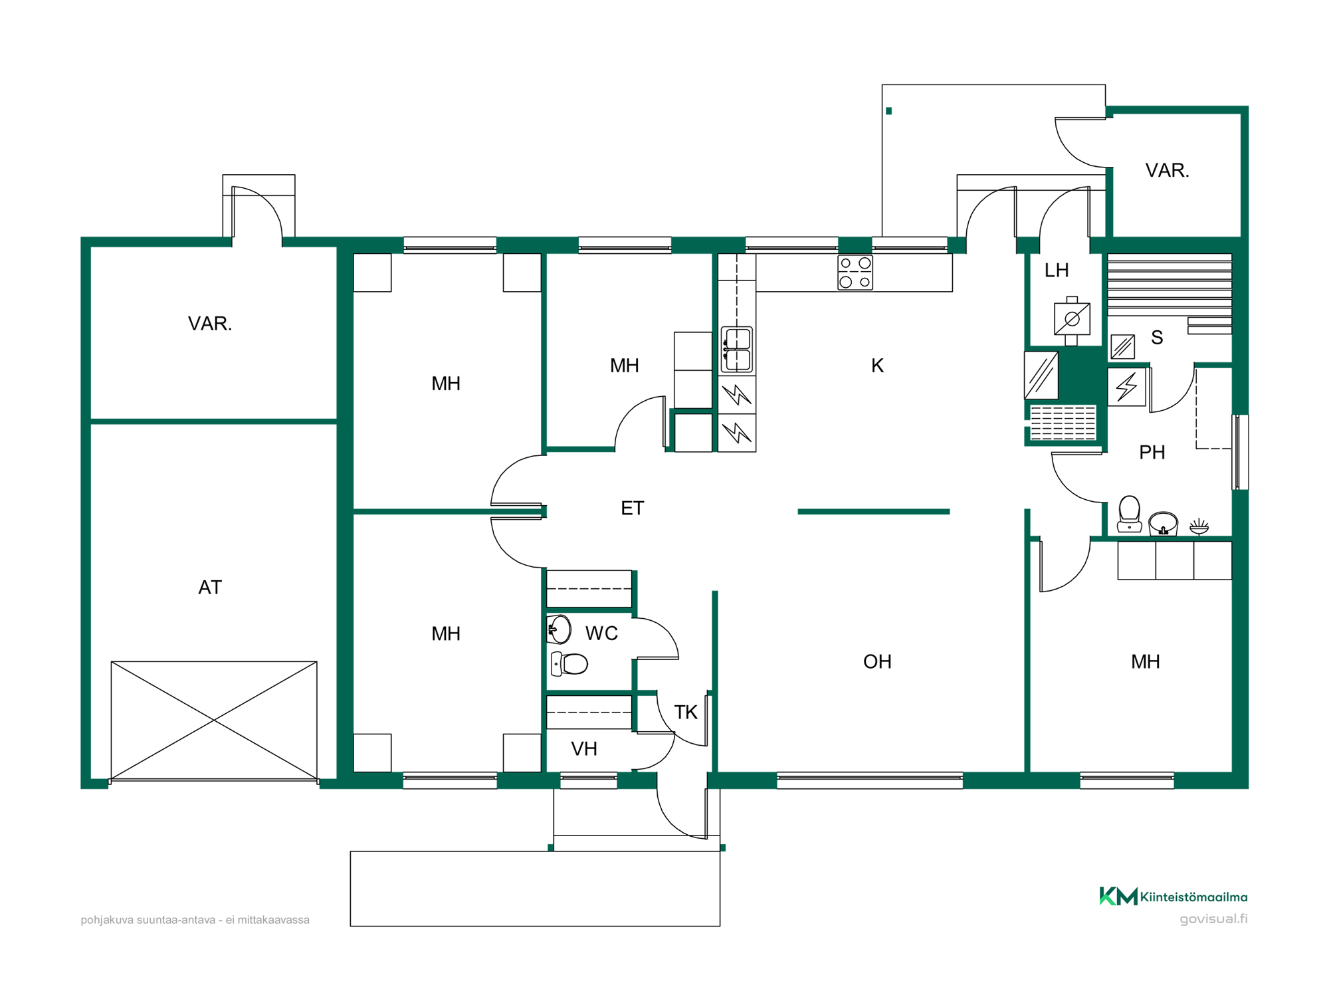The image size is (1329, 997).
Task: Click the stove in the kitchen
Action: (x=855, y=273)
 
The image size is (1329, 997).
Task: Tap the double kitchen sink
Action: (x=737, y=350)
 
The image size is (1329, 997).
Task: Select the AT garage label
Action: (x=210, y=588)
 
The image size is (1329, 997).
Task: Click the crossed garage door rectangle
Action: (x=214, y=720)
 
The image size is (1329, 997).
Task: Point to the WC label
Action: (x=601, y=633)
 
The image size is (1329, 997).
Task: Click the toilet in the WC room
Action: (x=569, y=663)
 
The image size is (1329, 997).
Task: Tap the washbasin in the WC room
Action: (x=559, y=629)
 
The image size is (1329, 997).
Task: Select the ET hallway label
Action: (x=633, y=508)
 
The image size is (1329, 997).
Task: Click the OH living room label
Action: (x=877, y=662)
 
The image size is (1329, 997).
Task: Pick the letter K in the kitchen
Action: (x=877, y=366)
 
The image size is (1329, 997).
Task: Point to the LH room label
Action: (x=1057, y=271)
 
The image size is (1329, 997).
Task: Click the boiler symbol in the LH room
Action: (x=1072, y=320)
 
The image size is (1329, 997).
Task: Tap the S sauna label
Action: (x=1157, y=338)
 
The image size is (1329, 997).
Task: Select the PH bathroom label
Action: (x=1152, y=453)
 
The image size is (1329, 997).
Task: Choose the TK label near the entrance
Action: (x=686, y=713)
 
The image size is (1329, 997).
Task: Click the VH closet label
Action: (x=584, y=749)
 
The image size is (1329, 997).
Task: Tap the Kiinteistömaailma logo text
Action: (x=1194, y=897)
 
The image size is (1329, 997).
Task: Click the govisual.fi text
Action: (x=1213, y=919)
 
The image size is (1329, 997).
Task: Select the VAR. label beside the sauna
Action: (x=1167, y=171)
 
